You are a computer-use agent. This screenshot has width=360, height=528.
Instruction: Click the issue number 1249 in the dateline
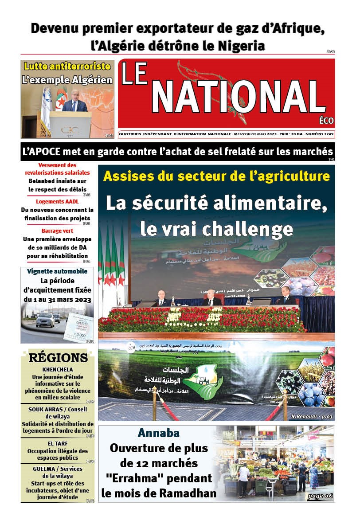click(x=327, y=133)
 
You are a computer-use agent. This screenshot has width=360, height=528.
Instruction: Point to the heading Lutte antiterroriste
click(x=67, y=66)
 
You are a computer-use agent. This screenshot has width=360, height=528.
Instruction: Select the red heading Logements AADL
click(x=57, y=201)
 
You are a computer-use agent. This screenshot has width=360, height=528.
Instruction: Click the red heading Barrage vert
click(x=57, y=231)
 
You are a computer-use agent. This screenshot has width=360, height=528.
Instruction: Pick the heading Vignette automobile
click(x=57, y=271)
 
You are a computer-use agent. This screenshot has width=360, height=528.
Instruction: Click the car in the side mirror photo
click(x=45, y=319)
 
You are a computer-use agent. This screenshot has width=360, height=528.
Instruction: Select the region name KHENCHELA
click(x=58, y=369)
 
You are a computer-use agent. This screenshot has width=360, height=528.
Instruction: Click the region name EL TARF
click(x=58, y=443)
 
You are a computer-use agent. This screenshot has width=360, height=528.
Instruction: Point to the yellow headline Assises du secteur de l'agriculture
click(x=216, y=176)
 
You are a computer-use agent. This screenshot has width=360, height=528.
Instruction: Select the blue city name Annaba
click(x=159, y=433)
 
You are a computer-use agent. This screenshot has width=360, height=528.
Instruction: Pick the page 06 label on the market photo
click(x=320, y=496)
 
